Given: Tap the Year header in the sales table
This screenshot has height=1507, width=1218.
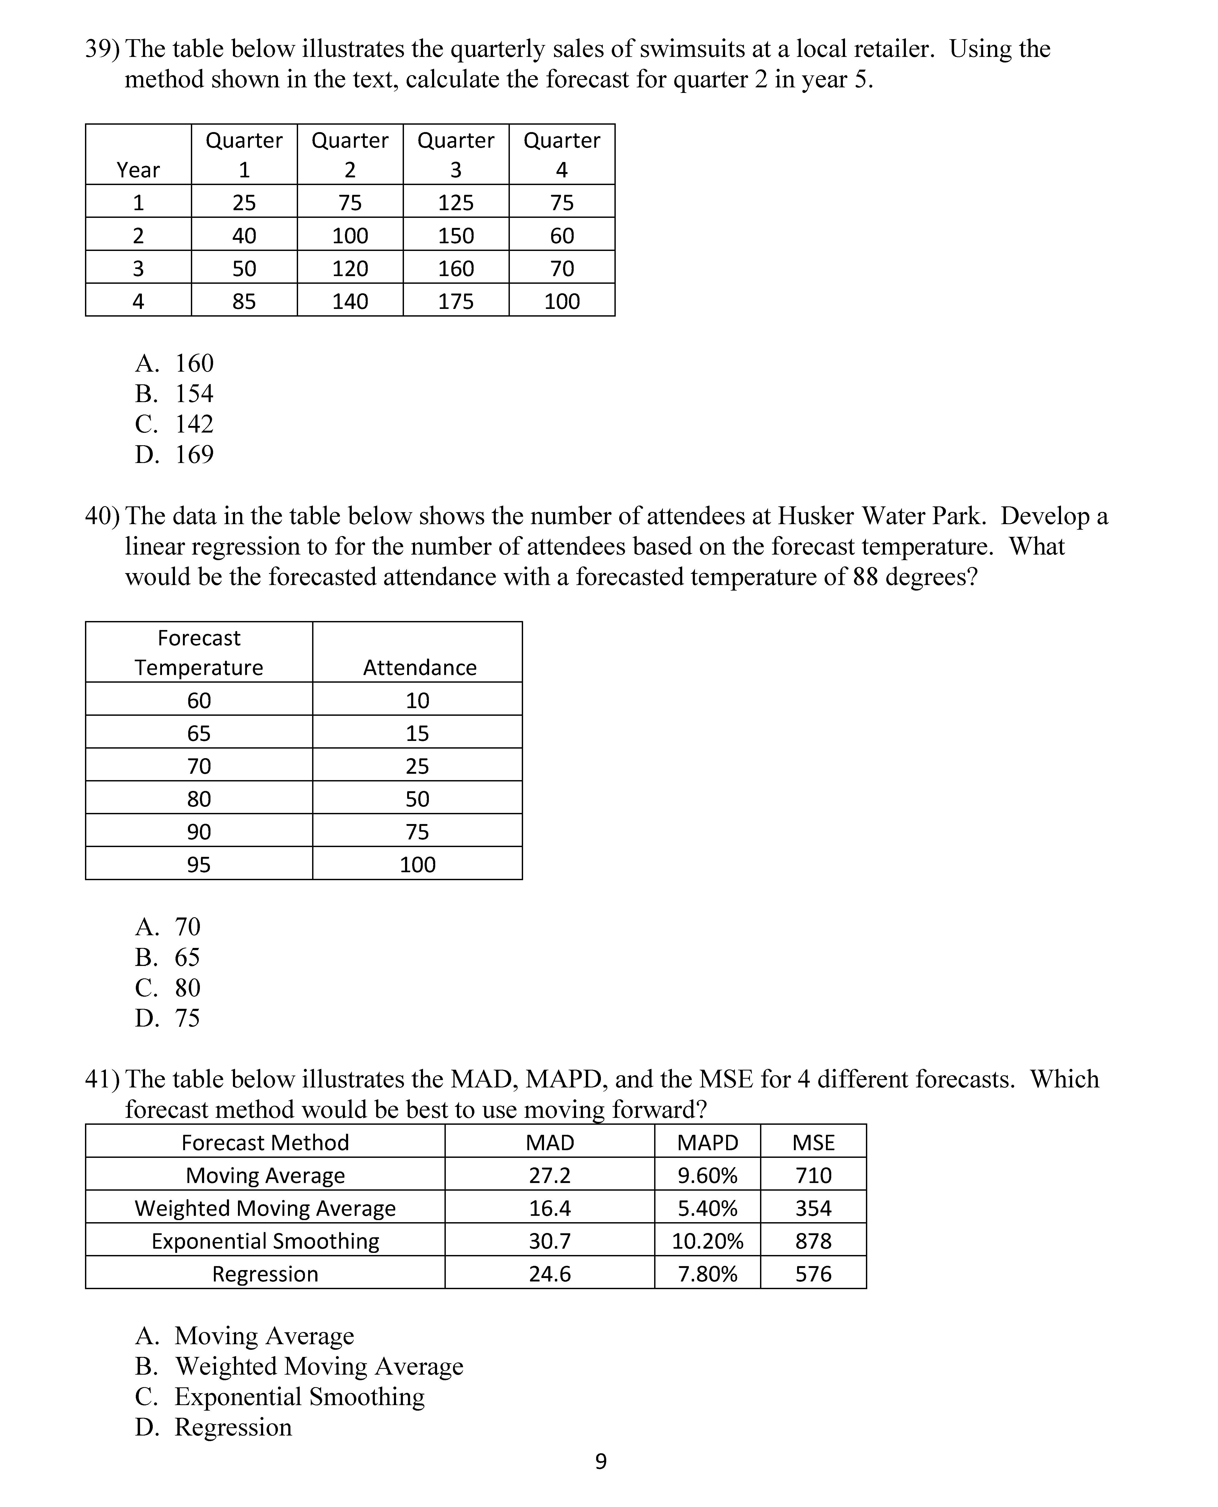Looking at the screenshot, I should (x=138, y=170).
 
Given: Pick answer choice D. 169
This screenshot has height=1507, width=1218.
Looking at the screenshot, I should (x=175, y=455).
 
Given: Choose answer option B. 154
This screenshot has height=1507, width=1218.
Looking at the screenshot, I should (x=175, y=394).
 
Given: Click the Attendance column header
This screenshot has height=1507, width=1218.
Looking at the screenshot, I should (x=420, y=667).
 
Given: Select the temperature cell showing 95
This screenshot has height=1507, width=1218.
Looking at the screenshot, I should (x=199, y=864).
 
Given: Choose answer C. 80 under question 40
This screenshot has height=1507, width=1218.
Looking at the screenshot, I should (x=168, y=988).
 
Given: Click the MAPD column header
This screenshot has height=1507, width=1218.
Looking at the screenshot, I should (x=707, y=1143).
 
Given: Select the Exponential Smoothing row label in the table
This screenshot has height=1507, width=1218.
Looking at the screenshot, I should (x=265, y=1241).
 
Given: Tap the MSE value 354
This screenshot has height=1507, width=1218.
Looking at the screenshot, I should (x=813, y=1208).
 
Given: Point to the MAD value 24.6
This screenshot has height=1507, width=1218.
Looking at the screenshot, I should (x=549, y=1274).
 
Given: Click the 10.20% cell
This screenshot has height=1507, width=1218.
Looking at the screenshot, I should (x=707, y=1241).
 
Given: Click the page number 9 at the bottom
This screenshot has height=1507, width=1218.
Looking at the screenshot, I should (x=601, y=1461).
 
